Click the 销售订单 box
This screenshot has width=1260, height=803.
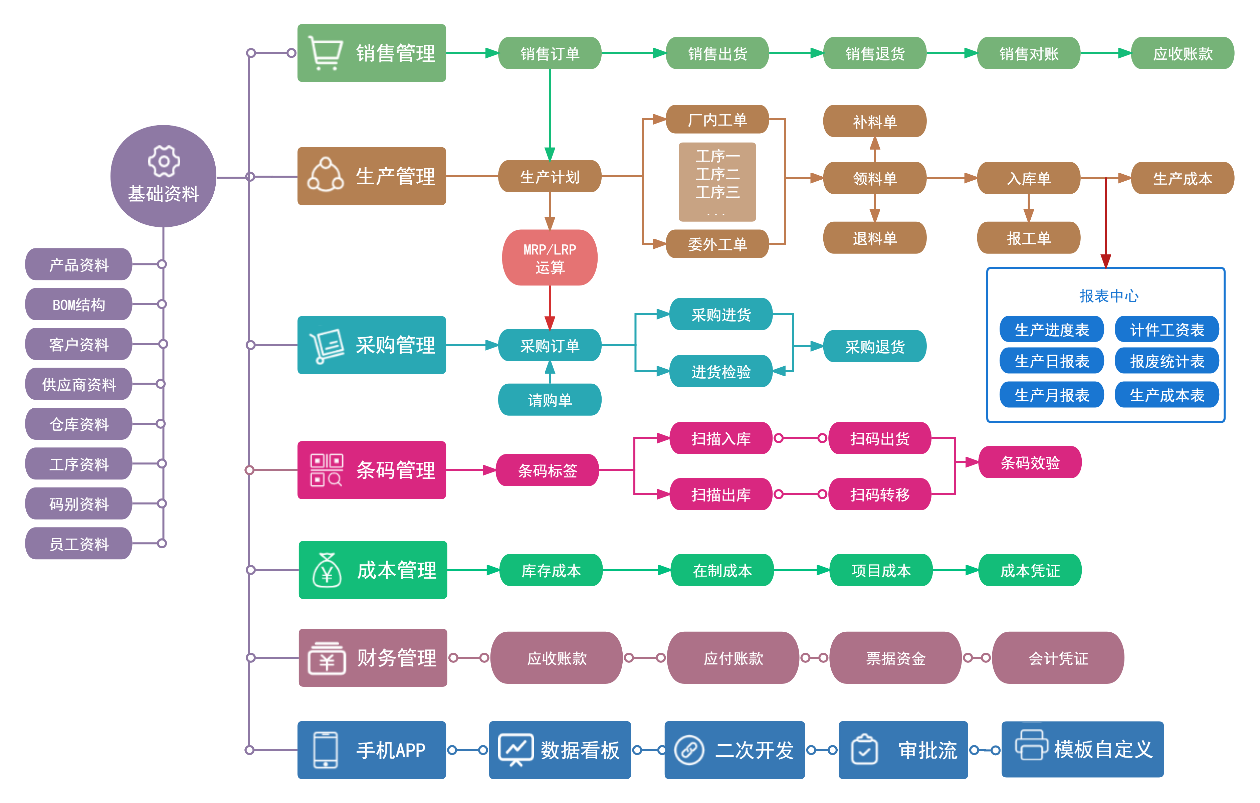point(550,53)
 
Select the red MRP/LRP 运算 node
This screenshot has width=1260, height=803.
point(550,258)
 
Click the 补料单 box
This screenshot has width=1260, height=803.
point(874,121)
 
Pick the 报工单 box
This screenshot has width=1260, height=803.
point(1028,238)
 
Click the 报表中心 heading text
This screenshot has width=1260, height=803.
point(1108,296)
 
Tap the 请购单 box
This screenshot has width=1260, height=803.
point(550,400)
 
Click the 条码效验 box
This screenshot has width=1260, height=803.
point(1029,462)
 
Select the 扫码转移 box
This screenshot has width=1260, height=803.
point(880,494)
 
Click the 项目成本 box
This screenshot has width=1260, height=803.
point(881,570)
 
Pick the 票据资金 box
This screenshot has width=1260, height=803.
point(895,658)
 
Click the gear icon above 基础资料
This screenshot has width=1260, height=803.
point(164,161)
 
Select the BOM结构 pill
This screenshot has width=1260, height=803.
point(78,305)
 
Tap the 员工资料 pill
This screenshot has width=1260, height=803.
point(78,544)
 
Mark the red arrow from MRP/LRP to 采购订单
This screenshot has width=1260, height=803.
point(550,309)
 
